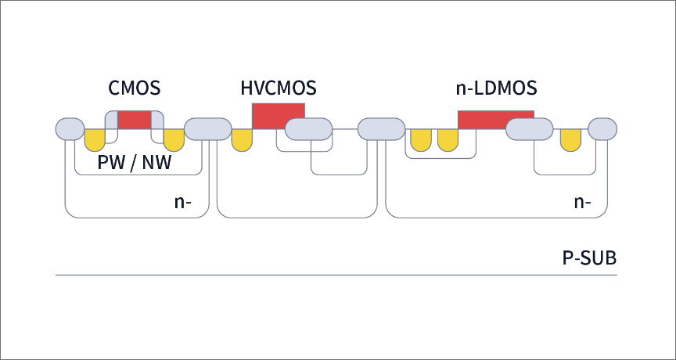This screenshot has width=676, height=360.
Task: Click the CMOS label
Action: [134, 88]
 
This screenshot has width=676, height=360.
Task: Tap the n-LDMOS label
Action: [495, 88]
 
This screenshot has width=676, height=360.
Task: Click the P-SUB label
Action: [588, 257]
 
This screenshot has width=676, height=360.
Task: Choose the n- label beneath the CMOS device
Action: [184, 202]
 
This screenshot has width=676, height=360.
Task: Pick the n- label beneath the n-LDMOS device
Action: [582, 202]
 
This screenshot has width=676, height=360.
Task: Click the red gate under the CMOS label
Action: [134, 120]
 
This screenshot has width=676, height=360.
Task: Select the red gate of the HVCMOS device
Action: [278, 115]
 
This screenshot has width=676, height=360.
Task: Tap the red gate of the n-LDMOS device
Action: [494, 119]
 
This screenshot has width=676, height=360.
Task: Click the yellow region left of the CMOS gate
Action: [95, 139]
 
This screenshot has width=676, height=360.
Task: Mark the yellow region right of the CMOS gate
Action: [173, 139]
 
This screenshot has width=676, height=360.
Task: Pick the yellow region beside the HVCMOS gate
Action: [242, 139]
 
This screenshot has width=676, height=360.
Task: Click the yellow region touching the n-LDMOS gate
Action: [448, 139]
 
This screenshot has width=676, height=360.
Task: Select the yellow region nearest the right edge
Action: [570, 139]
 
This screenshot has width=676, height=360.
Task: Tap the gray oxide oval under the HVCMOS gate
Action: [308, 130]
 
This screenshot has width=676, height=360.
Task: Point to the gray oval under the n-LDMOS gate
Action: [530, 129]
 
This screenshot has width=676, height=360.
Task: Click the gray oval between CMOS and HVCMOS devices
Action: [207, 129]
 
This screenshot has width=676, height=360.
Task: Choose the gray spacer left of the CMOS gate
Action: [110, 121]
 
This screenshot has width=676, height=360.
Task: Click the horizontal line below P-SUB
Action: [336, 275]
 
